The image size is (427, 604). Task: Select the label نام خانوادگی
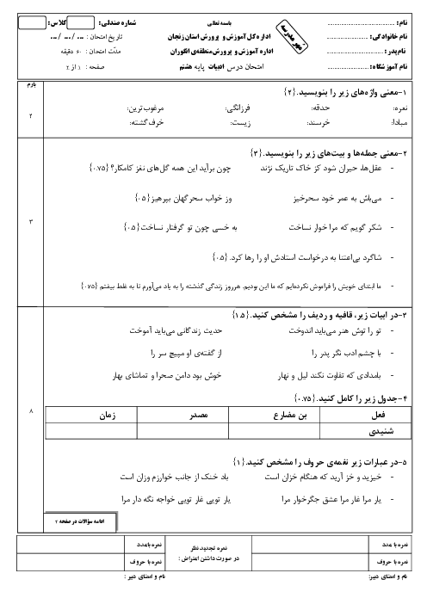click(390, 37)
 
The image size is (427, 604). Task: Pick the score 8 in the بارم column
click(28, 412)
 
